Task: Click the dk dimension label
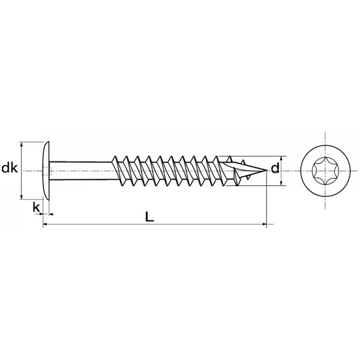click(10, 169)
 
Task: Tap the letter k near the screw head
click(36, 207)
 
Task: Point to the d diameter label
click(275, 169)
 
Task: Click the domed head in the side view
click(45, 170)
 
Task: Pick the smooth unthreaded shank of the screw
click(81, 170)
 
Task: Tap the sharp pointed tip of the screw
click(264, 171)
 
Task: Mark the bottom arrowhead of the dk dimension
click(22, 196)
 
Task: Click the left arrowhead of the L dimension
click(46, 225)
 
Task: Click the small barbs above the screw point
click(243, 160)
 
